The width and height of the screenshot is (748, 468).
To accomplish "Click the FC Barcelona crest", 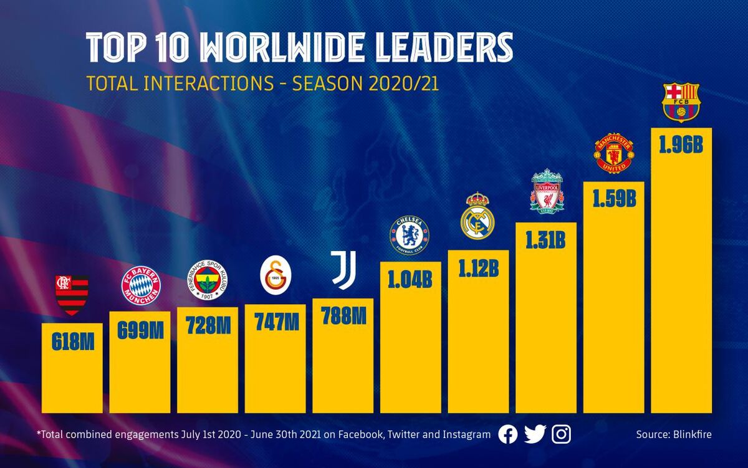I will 681,102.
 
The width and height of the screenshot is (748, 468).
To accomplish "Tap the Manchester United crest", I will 614,152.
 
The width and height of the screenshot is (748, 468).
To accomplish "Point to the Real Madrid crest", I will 477,216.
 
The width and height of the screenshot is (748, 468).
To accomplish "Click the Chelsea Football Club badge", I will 410,235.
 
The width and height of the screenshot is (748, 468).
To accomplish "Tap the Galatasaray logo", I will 275,277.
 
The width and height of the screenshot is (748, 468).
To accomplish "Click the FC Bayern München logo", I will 140,285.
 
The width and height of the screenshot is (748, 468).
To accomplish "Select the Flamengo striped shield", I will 72,294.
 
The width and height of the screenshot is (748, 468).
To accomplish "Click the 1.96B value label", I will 681,145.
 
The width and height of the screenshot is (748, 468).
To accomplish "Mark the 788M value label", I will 343,316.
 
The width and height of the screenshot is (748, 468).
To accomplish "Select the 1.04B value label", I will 410,279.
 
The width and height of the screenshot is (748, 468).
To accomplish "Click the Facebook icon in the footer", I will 508,434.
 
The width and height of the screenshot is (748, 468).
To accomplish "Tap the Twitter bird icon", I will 535,434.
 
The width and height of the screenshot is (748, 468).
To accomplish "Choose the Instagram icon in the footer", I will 562,434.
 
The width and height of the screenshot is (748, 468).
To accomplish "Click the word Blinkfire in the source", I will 690,434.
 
